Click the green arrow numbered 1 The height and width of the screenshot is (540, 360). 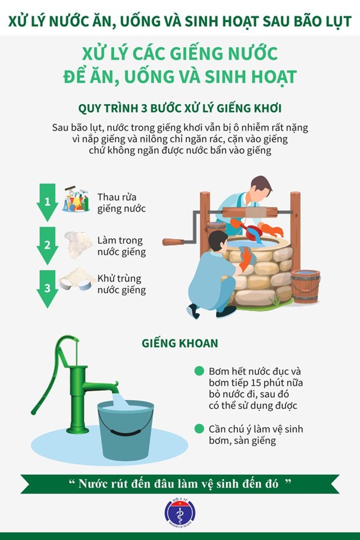(47, 202)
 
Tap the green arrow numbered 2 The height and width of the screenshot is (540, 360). (47, 245)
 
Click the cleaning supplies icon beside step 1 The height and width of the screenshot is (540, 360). (76, 199)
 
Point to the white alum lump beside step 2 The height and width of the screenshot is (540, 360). (78, 245)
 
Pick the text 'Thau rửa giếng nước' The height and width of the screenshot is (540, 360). (121, 203)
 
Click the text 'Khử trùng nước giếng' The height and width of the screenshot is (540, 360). (121, 284)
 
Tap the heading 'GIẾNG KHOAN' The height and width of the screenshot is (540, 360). (180, 344)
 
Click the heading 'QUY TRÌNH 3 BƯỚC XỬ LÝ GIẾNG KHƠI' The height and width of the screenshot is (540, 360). (180, 108)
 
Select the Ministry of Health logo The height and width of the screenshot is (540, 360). (180, 513)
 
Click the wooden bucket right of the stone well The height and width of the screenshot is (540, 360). (305, 286)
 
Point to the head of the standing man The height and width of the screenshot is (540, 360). (261, 188)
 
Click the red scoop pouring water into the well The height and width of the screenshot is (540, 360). (249, 229)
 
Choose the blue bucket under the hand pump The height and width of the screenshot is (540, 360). (126, 430)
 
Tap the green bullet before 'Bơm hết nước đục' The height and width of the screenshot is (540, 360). (199, 371)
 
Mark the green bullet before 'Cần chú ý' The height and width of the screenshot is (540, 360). (199, 429)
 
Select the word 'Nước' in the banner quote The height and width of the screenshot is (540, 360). (92, 484)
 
